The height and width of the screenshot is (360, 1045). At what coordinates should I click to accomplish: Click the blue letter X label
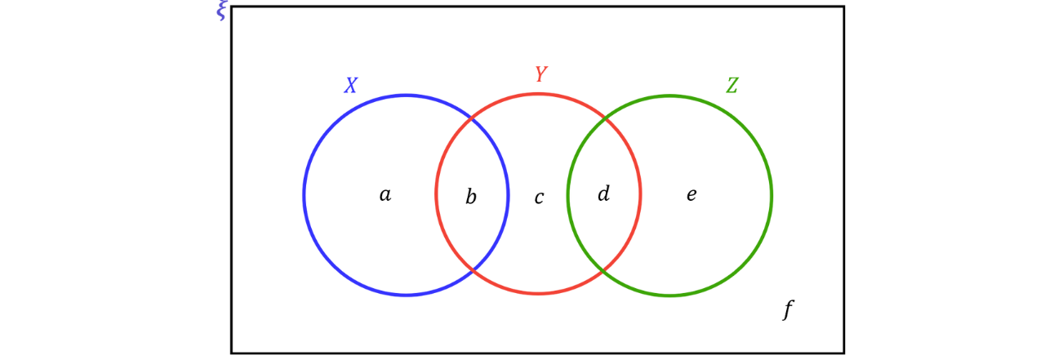(x=351, y=85)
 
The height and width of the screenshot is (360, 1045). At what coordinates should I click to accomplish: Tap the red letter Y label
(x=540, y=74)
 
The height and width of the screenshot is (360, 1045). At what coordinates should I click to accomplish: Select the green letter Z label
(x=731, y=85)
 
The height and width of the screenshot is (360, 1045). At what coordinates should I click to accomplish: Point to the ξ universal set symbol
(x=221, y=11)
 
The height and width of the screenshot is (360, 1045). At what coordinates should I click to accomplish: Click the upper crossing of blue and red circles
(x=473, y=122)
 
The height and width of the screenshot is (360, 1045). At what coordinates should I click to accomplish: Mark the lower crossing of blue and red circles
(x=473, y=268)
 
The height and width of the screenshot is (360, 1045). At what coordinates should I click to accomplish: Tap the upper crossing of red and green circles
(x=605, y=122)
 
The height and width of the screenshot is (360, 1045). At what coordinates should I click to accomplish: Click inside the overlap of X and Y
(x=473, y=194)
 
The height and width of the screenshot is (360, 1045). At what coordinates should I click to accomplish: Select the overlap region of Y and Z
(x=605, y=194)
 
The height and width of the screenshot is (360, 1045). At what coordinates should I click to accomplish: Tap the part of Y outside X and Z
(x=539, y=194)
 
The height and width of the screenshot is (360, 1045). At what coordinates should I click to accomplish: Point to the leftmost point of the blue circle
(x=303, y=194)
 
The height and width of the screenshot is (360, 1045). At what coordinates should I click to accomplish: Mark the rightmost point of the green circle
(x=772, y=194)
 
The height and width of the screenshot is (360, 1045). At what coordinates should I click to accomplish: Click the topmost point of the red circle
(x=539, y=94)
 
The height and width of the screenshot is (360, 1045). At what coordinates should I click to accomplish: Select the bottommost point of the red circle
(x=539, y=293)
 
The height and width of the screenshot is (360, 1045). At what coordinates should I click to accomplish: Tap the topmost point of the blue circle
(x=407, y=96)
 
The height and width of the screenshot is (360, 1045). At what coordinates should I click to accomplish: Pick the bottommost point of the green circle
(x=669, y=295)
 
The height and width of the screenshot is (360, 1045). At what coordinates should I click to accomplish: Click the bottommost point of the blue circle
(x=407, y=294)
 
